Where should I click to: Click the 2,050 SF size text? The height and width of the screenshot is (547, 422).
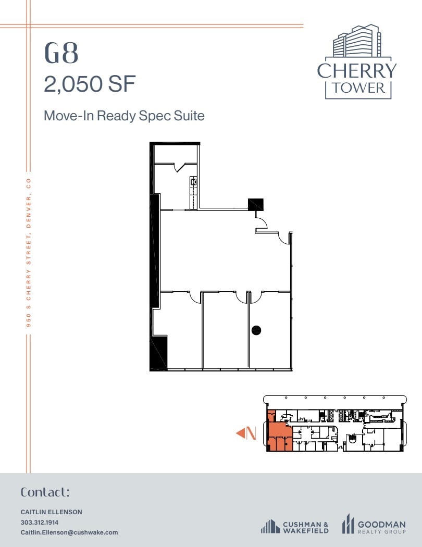90,84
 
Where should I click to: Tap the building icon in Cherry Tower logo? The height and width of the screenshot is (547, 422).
356,42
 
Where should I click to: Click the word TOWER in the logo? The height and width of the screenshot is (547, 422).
357,87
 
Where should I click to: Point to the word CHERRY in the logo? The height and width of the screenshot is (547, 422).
357,70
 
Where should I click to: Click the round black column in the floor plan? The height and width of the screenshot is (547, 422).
256,330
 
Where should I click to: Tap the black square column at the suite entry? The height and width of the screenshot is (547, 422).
255,204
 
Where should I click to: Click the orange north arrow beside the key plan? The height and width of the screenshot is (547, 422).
245,433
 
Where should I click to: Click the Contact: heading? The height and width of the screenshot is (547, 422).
45,492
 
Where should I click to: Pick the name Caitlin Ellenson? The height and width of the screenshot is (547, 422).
51,512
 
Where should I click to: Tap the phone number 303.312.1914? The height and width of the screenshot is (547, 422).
40,522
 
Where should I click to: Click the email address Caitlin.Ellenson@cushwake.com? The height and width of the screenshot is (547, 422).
69,532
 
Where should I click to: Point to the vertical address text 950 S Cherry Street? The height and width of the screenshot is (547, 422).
29,252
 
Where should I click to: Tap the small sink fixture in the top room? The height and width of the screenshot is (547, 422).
193,182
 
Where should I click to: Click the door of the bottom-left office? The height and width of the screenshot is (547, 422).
195,296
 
